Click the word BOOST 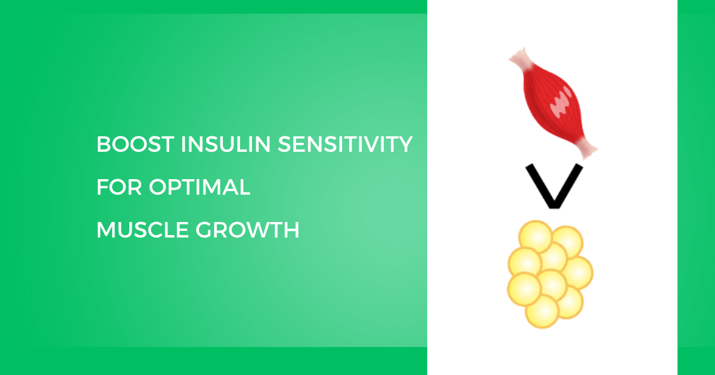[x=135, y=144]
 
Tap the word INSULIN [x=226, y=144]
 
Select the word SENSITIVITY [x=345, y=144]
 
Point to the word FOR [x=119, y=187]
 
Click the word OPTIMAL [x=200, y=187]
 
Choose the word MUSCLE [x=142, y=230]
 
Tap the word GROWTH [x=247, y=230]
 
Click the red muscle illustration [x=552, y=103]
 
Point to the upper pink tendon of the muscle [x=521, y=59]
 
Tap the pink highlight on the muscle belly [x=561, y=102]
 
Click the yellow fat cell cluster [x=551, y=274]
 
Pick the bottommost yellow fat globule [x=542, y=311]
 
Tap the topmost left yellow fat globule [x=535, y=236]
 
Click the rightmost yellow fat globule [x=578, y=273]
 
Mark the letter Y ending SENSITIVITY [x=405, y=144]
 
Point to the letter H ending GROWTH [x=291, y=230]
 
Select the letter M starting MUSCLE [x=105, y=230]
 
